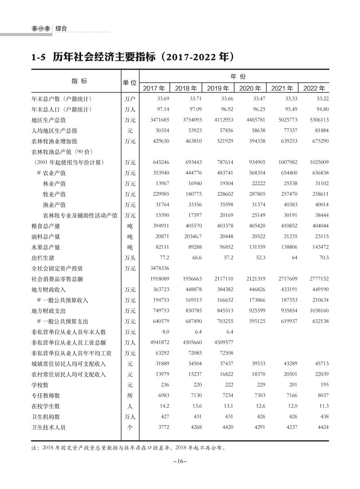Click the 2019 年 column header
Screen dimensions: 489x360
[x=218, y=88]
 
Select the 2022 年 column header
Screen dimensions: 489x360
[x=314, y=88]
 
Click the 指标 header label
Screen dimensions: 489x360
[x=79, y=81]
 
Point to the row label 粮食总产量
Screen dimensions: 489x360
[x=46, y=226]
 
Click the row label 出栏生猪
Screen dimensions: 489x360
[x=43, y=258]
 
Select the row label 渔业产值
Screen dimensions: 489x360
[x=54, y=205]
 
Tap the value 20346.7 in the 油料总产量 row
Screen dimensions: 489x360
[x=193, y=236]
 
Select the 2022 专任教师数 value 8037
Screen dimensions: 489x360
[x=323, y=395]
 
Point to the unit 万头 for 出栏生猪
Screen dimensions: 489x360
[x=130, y=258]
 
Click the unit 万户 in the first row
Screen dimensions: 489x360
[x=130, y=99]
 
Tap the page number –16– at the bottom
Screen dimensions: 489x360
[x=180, y=461]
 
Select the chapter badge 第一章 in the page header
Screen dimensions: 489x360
[x=41, y=29]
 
